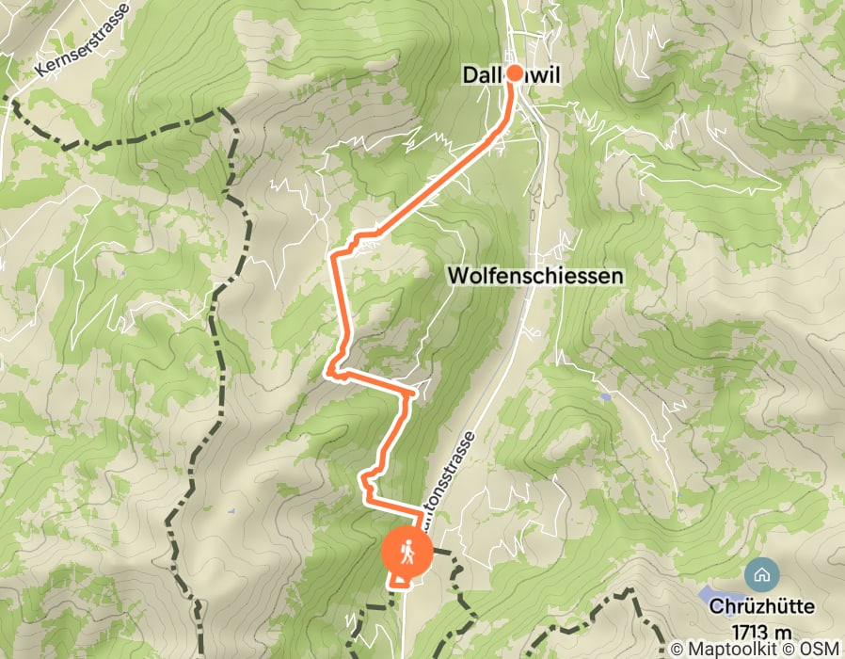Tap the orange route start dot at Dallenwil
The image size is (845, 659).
pos(515,72)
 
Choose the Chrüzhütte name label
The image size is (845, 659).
pos(775,606)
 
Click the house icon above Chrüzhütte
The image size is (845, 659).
pos(760,572)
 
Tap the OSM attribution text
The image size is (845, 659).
pos(821,650)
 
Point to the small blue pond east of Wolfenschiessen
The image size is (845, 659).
pos(603,398)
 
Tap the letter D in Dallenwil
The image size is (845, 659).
pos(469,74)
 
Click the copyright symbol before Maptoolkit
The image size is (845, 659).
pos(676,650)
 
